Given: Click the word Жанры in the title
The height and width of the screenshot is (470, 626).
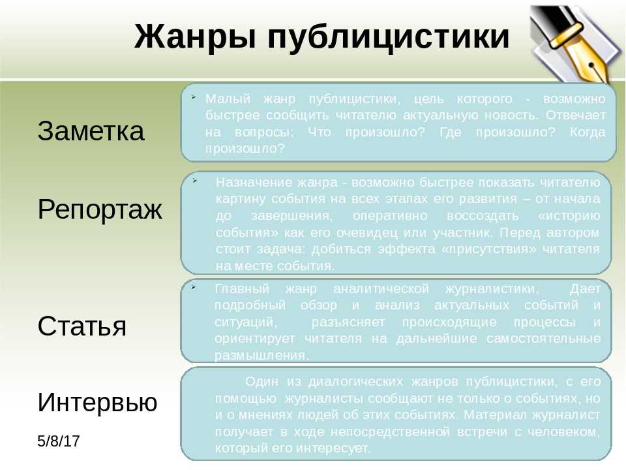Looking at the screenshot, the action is (195, 37).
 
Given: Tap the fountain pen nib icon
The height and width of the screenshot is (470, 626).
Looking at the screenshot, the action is (575, 43).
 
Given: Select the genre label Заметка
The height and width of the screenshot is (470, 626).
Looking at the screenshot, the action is (91, 131).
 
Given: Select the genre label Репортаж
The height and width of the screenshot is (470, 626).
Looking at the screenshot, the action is (100, 210).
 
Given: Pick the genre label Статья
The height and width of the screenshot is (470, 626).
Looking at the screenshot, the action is (82, 326).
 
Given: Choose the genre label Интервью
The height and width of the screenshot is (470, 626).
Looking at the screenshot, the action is (97, 401).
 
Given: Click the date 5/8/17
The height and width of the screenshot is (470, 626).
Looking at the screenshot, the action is (59, 441).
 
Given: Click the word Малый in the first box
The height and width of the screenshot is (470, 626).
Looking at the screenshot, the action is (228, 99).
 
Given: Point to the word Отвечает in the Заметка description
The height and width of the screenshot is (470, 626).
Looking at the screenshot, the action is (576, 115).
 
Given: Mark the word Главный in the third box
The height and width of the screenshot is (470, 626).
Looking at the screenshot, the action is (242, 289).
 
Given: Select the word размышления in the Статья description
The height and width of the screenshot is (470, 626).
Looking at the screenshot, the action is (261, 356).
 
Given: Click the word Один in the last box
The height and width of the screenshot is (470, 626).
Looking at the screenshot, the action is (261, 381).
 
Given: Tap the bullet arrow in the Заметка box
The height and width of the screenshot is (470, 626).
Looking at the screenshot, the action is (193, 97).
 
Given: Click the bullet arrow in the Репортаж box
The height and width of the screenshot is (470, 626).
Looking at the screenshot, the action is (195, 180).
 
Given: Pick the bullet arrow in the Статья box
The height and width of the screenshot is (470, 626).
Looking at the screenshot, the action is (194, 287).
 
